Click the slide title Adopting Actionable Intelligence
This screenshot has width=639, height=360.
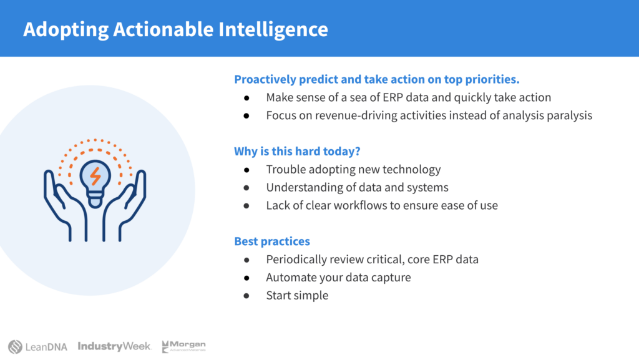175,30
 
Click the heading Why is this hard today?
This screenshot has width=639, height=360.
297,152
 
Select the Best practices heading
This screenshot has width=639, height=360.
272,241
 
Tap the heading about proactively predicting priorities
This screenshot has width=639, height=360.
376,79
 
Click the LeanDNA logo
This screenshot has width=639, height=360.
37,346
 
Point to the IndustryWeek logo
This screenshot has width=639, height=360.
115,346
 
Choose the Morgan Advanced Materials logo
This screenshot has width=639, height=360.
183,346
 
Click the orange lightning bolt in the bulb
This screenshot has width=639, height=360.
95,176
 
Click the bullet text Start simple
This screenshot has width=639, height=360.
297,295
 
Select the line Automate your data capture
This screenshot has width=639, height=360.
338,277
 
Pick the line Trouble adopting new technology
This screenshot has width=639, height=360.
353,170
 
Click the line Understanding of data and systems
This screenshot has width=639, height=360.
357,187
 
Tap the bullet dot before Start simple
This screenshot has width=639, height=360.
246,296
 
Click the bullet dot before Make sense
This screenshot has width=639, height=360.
246,98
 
